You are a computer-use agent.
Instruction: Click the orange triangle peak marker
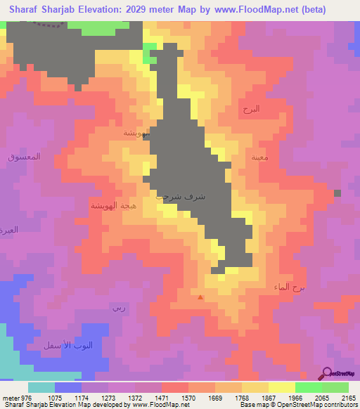click(x=201, y=297)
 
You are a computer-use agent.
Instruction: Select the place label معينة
click(x=259, y=157)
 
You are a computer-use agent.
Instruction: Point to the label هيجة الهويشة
click(x=108, y=205)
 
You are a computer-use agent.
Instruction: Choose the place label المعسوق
click(x=25, y=156)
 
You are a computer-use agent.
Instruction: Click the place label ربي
click(x=117, y=308)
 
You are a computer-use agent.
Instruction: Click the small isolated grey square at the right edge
click(x=337, y=193)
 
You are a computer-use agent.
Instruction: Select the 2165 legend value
click(x=348, y=398)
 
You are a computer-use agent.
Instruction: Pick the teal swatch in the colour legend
click(x=41, y=387)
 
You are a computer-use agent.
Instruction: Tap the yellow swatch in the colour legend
click(x=281, y=387)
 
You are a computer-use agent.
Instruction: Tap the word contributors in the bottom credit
click(x=342, y=405)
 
